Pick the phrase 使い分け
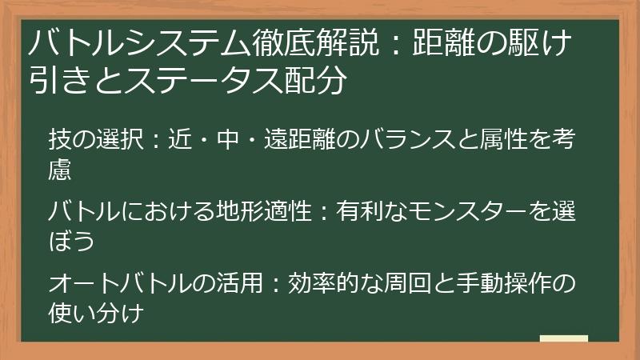point(95,314)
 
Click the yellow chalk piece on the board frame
point(564,339)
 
